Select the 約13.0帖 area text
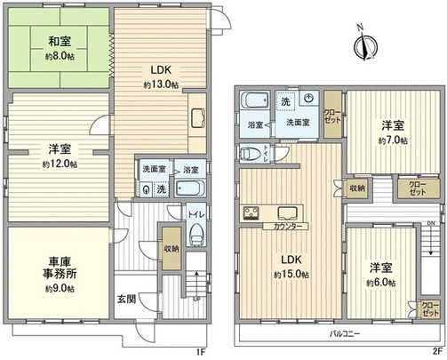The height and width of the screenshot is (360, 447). (x=161, y=85)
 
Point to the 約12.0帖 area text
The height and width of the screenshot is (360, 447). (x=59, y=164)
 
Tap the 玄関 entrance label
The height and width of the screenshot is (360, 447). (x=126, y=300)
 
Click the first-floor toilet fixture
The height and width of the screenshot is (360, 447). (x=196, y=236)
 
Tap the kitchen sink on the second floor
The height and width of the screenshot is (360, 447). (x=288, y=212)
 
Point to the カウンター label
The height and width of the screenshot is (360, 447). (x=279, y=228)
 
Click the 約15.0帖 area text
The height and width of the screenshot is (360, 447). (x=289, y=276)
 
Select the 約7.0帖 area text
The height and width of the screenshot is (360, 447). (x=392, y=140)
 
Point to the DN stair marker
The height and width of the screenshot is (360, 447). (x=431, y=224)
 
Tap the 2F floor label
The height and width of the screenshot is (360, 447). (x=436, y=352)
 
